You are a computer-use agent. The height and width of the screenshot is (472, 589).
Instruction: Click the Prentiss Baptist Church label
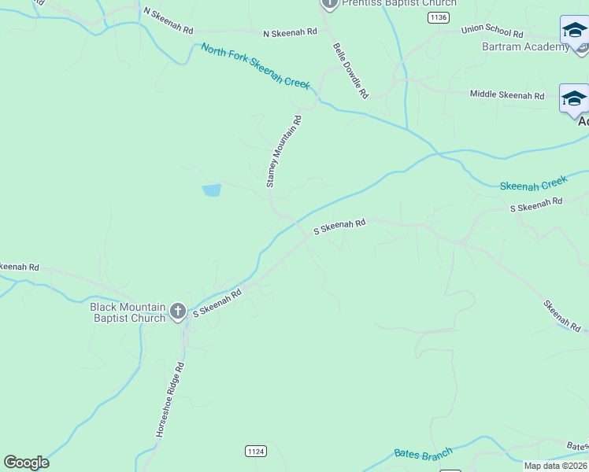click(398, 3)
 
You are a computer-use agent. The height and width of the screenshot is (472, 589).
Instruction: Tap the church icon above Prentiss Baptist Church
click(330, 3)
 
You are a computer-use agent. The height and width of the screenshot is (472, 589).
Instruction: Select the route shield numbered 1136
click(439, 17)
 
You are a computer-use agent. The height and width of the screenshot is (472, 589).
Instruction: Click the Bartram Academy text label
click(525, 46)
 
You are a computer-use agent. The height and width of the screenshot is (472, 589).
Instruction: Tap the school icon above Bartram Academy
click(573, 31)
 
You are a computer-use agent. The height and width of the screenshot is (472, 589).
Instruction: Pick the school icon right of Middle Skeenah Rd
click(573, 99)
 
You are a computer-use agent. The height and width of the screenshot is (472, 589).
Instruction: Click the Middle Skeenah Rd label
click(507, 95)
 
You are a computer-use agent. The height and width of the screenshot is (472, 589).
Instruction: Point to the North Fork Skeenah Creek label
click(255, 66)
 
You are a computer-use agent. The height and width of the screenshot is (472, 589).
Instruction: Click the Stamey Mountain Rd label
click(283, 151)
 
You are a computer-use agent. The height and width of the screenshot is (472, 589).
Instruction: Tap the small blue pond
click(211, 190)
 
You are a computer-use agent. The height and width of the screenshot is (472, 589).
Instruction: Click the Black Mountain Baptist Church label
click(128, 312)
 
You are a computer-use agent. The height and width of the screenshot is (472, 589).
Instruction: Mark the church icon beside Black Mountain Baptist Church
click(178, 312)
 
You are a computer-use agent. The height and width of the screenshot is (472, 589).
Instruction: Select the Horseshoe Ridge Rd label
click(169, 400)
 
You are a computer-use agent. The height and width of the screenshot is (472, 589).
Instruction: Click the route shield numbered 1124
click(255, 451)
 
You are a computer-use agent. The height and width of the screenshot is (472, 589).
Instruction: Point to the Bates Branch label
click(423, 454)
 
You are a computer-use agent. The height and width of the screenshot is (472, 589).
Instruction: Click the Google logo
click(26, 463)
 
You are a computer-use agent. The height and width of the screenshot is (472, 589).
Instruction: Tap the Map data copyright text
click(556, 466)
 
